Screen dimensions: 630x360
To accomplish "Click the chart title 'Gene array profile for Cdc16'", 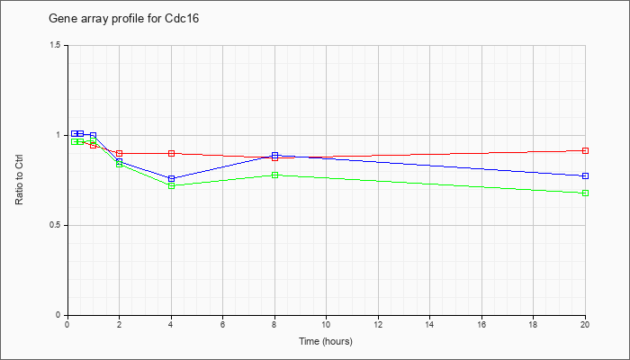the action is click(x=124, y=19).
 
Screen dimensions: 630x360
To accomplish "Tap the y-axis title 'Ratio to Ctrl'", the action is click(x=19, y=179).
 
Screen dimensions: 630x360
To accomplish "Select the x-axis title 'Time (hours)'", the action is click(x=326, y=342).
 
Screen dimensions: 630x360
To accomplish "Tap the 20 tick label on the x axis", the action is click(x=585, y=323).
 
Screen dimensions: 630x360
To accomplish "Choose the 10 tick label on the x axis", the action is click(x=326, y=323).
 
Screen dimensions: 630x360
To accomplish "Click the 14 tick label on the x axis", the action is click(x=430, y=323).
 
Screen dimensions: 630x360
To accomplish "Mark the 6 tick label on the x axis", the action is click(x=222, y=323).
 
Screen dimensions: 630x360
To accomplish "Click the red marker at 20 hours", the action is click(x=585, y=150).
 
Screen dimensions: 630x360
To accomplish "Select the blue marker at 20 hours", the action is click(x=585, y=176).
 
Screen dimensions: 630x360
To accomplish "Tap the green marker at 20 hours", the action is click(x=585, y=193).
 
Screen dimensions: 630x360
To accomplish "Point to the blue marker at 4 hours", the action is click(x=172, y=178).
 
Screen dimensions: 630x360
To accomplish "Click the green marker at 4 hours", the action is click(x=172, y=186).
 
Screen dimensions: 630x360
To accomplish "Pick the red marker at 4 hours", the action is click(x=172, y=153).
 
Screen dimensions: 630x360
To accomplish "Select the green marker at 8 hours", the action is click(x=274, y=175).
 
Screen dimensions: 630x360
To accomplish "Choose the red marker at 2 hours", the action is click(x=120, y=154).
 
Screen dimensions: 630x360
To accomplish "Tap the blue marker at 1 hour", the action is click(x=94, y=135).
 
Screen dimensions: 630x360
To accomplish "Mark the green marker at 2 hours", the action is click(x=120, y=164).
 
